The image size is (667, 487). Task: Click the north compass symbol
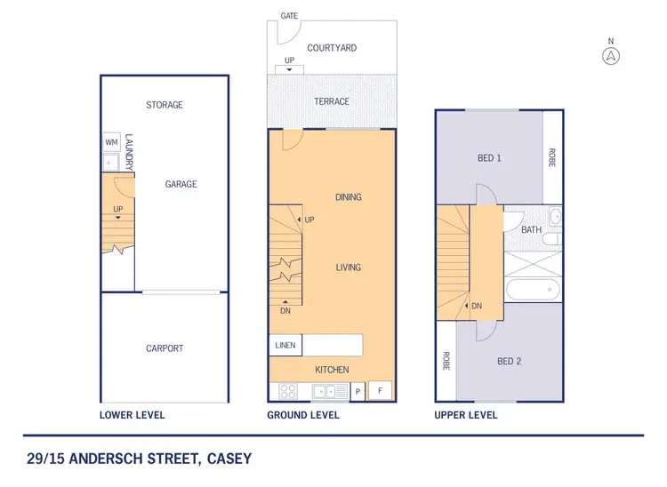610,55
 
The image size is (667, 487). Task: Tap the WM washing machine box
111,142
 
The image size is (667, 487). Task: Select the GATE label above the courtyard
289,16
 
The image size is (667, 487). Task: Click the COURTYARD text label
332,48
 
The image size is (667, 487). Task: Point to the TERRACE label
332,101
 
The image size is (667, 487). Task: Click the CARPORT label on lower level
165,348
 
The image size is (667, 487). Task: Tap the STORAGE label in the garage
165,105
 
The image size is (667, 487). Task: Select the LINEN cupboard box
285,345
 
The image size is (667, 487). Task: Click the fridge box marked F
381,390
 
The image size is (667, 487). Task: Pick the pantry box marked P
358,391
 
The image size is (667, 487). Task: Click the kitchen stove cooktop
288,391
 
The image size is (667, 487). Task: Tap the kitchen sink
329,391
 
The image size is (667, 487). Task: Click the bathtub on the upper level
533,289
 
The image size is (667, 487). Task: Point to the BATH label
531,230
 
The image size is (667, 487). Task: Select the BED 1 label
489,158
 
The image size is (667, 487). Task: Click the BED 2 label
508,362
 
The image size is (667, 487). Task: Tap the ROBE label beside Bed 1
552,158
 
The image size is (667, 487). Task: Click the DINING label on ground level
349,197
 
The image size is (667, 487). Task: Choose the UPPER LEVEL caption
465,415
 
